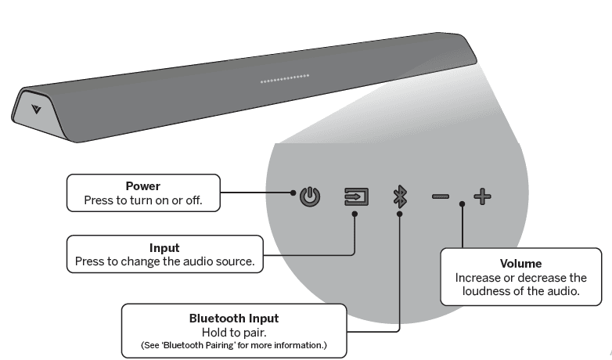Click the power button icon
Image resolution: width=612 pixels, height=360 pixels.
pyautogui.click(x=311, y=195)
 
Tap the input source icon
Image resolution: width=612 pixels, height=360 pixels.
pyautogui.click(x=356, y=195)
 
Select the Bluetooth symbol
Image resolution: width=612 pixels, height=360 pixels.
pyautogui.click(x=400, y=195)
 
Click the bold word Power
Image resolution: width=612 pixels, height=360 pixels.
pyautogui.click(x=142, y=186)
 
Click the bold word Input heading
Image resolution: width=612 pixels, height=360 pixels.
pyautogui.click(x=164, y=248)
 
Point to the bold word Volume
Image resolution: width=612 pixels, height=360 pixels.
pyautogui.click(x=520, y=264)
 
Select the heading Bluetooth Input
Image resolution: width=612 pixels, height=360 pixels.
pyautogui.click(x=234, y=319)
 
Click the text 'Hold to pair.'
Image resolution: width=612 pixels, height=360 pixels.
pyautogui.click(x=234, y=332)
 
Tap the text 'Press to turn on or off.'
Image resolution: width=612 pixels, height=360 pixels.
pyautogui.click(x=142, y=200)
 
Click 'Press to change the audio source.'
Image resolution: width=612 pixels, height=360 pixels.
pyautogui.click(x=164, y=261)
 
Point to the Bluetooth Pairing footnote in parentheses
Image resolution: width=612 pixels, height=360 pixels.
pyautogui.click(x=234, y=345)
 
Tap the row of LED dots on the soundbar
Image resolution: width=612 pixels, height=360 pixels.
pyautogui.click(x=285, y=78)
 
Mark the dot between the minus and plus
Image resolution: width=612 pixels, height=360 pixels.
pyautogui.click(x=463, y=204)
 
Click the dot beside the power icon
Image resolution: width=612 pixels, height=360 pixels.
pyautogui.click(x=293, y=193)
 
